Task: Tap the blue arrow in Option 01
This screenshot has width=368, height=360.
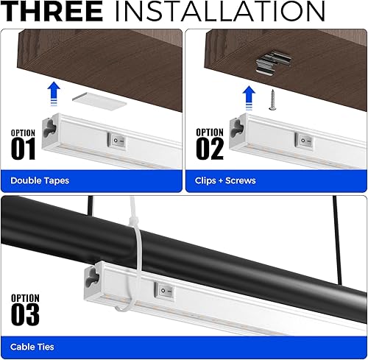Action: pyautogui.click(x=53, y=93)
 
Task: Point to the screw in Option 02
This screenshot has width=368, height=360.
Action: pyautogui.click(x=275, y=97)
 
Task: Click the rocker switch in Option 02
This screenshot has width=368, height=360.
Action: pyautogui.click(x=303, y=139)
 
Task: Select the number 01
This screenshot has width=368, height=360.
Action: pyautogui.click(x=23, y=149)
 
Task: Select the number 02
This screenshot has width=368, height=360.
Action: pyautogui.click(x=210, y=149)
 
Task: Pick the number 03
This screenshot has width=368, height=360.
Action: pyautogui.click(x=25, y=314)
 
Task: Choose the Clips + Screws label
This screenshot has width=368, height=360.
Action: pyautogui.click(x=226, y=180)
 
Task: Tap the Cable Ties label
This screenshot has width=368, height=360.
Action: pyautogui.click(x=32, y=346)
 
